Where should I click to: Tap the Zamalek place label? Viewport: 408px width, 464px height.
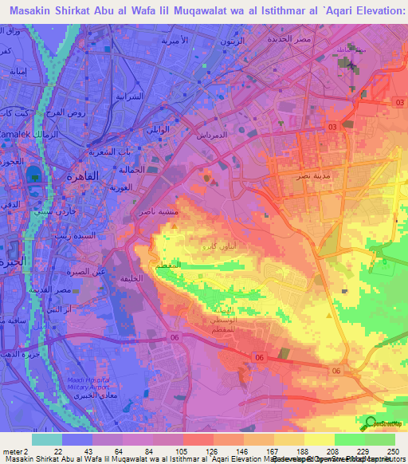(x=18, y=136)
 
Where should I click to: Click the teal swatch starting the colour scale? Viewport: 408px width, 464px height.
(x=46, y=439)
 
